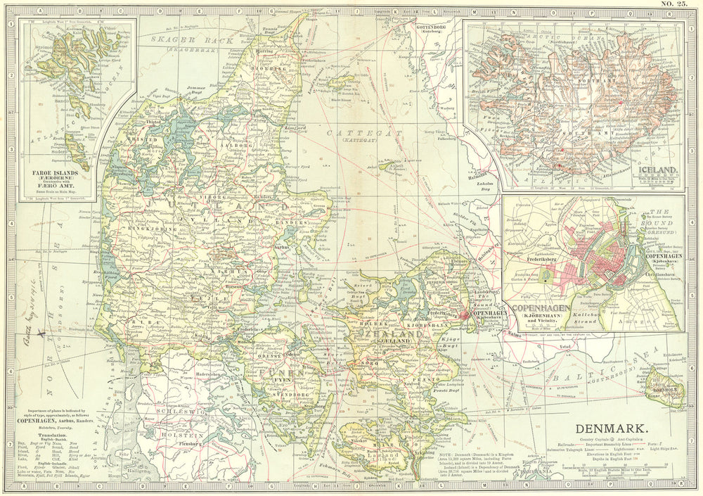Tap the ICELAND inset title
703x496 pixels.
[658, 170]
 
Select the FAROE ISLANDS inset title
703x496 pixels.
[54, 171]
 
